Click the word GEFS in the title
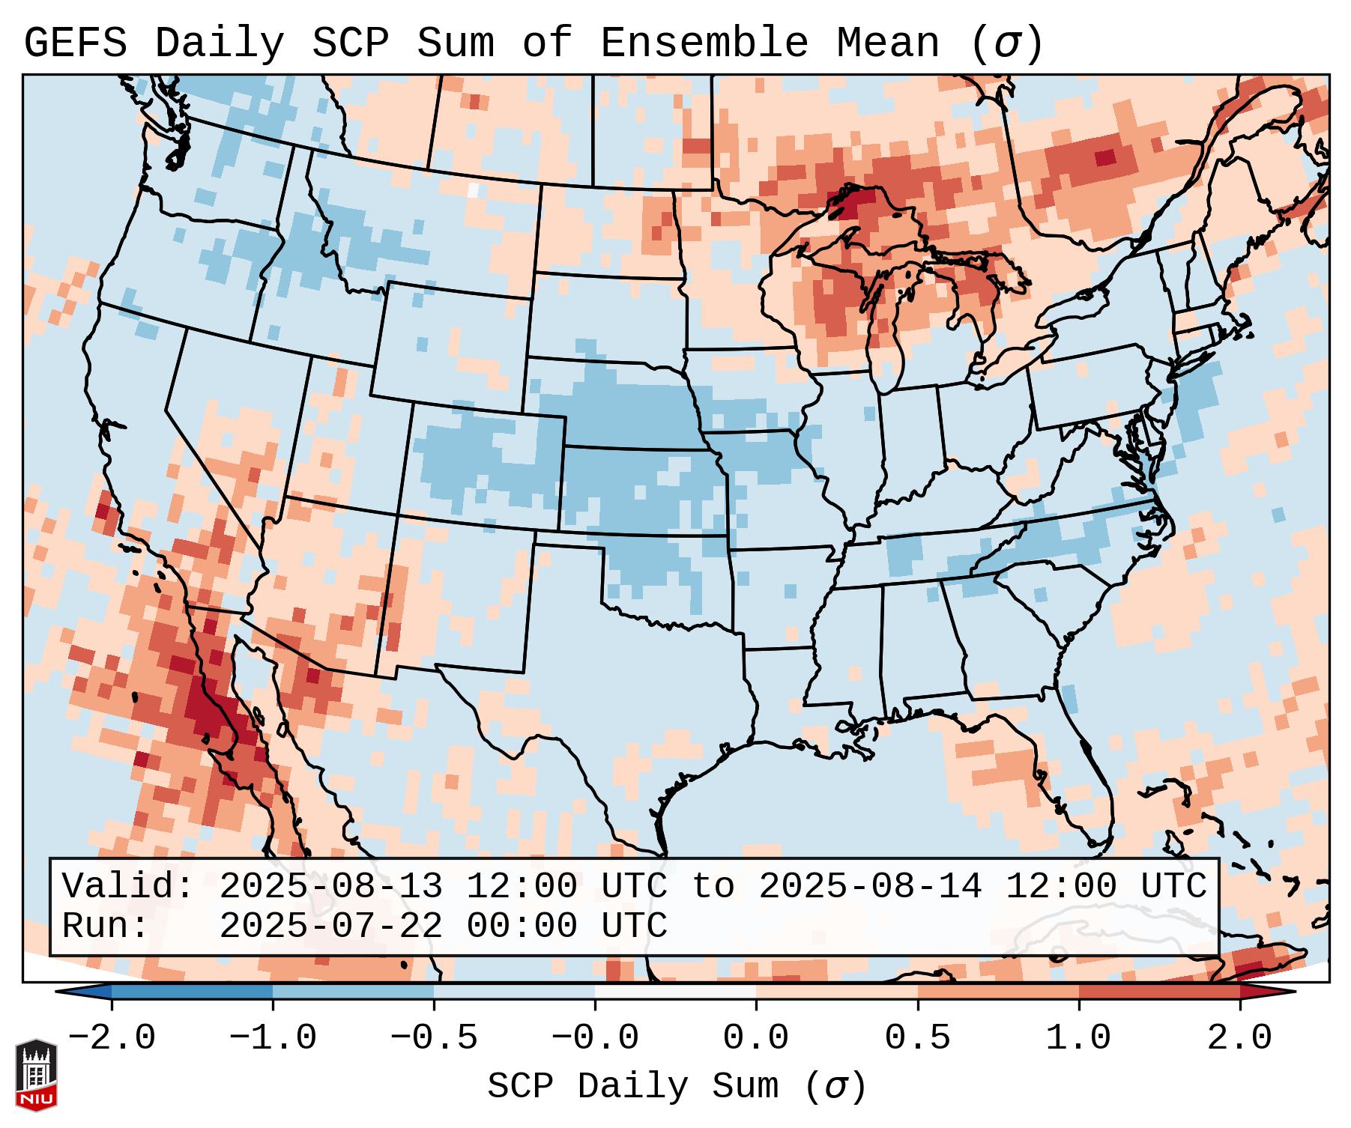(75, 43)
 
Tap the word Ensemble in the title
(704, 43)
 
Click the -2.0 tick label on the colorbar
(112, 1038)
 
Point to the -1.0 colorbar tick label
(273, 1038)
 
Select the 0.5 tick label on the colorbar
(917, 1038)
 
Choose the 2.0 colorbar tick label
(1239, 1038)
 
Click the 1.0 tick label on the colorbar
(1078, 1038)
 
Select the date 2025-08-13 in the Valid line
(330, 886)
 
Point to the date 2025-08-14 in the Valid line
(870, 886)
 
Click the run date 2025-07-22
(330, 926)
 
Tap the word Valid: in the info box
(128, 886)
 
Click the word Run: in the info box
(106, 926)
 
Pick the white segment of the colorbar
(675, 992)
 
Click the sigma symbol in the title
(1006, 43)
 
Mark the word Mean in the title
(888, 43)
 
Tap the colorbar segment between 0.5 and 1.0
(997, 992)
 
